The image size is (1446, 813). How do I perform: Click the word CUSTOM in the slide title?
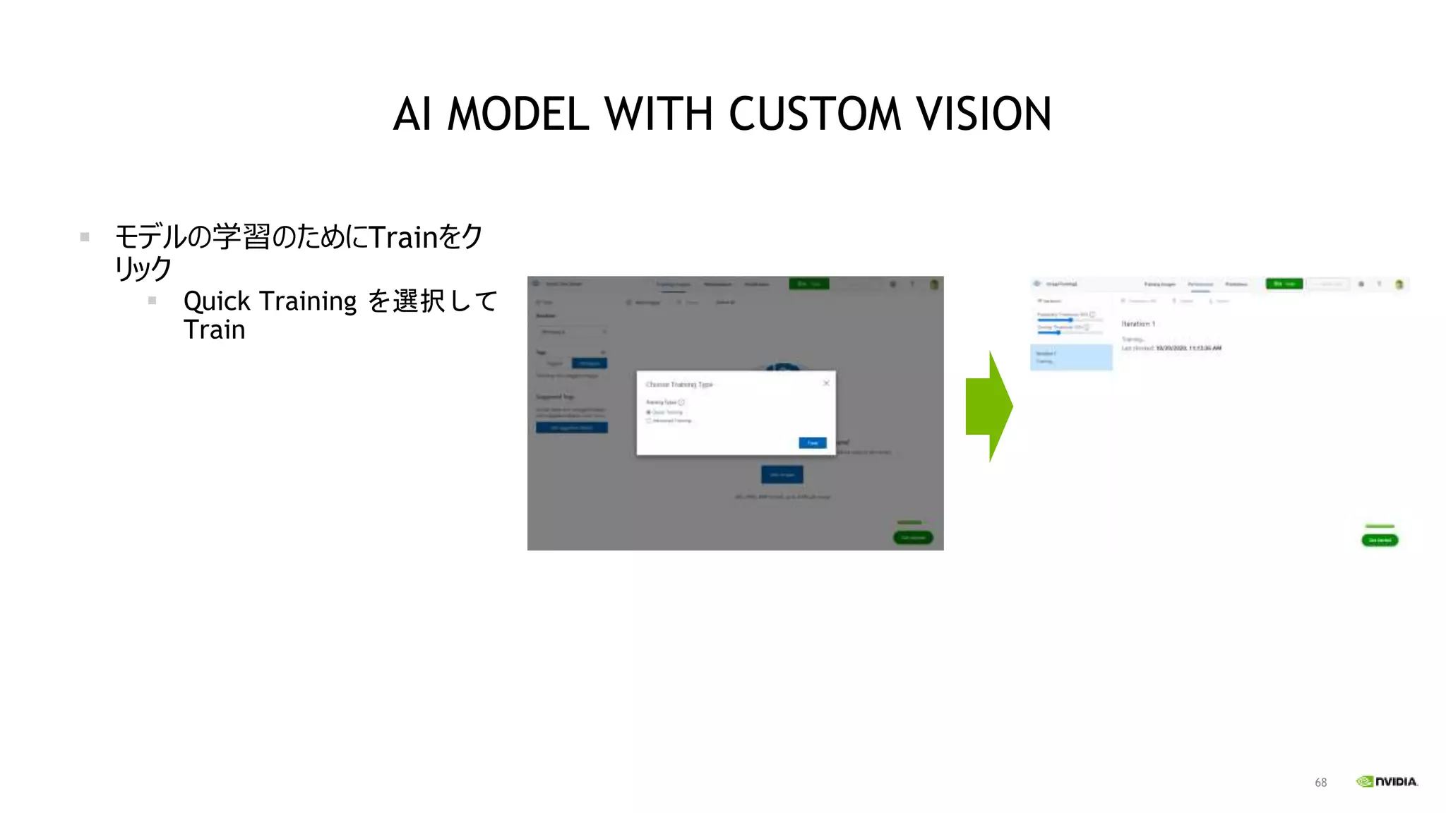click(815, 114)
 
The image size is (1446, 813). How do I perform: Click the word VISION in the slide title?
click(984, 114)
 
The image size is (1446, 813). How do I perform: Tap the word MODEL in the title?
click(518, 114)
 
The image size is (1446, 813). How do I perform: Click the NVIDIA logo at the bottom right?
click(1387, 781)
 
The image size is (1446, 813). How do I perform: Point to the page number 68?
click(1320, 783)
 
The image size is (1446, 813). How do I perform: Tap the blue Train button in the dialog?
click(812, 442)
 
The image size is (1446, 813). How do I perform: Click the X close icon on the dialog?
click(826, 383)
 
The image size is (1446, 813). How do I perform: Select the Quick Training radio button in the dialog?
click(649, 412)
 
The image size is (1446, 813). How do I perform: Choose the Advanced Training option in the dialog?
click(649, 421)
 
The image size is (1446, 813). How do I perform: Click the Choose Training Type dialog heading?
click(679, 385)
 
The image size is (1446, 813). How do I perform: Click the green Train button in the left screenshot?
click(808, 284)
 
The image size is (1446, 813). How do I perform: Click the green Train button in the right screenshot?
click(1284, 284)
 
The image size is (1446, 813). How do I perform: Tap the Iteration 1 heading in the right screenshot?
click(1138, 324)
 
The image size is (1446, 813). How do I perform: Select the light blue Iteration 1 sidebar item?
click(1071, 357)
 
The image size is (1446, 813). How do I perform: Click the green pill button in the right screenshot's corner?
click(1380, 540)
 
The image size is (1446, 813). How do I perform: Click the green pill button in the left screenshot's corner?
click(913, 538)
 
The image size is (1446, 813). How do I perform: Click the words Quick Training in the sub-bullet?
click(270, 301)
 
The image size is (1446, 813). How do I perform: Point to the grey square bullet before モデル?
click(85, 237)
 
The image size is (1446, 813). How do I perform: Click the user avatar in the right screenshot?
click(1399, 284)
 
